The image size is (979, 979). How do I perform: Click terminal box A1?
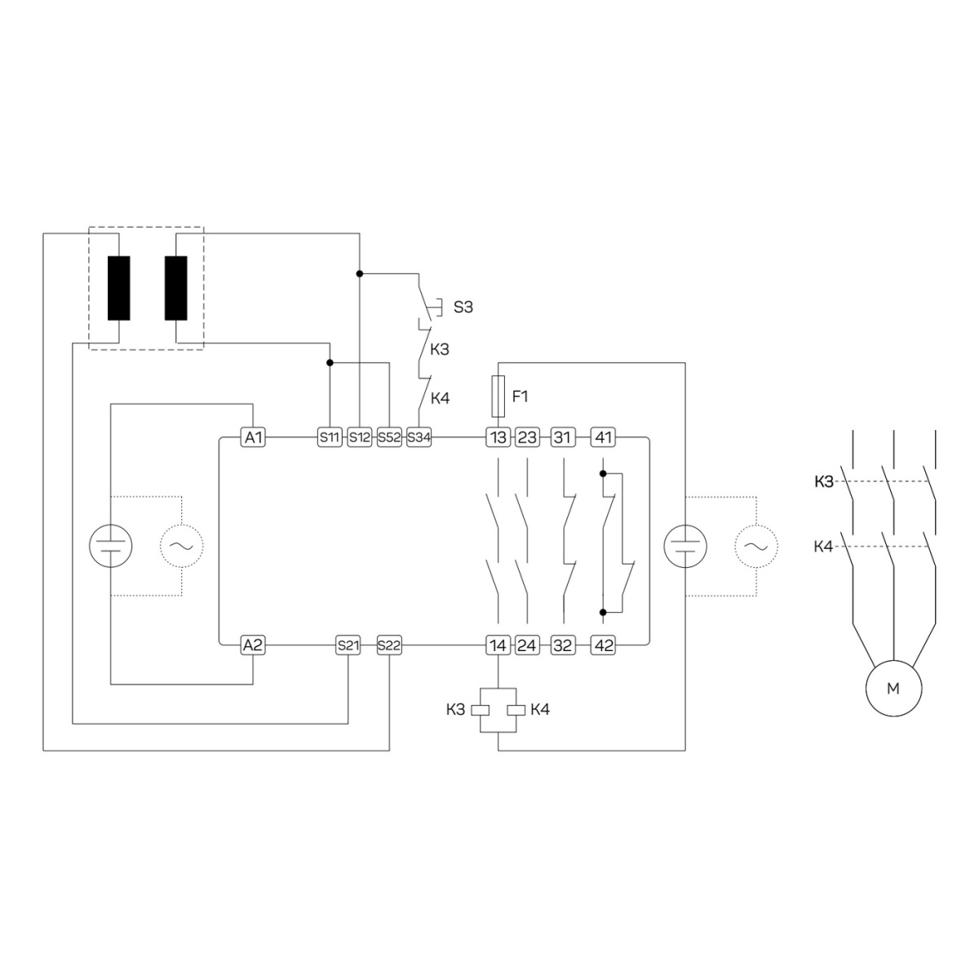[x=253, y=437]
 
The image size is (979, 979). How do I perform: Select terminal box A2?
[x=253, y=645]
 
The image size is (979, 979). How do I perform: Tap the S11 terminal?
[x=330, y=437]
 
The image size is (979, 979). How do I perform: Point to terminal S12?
[x=360, y=437]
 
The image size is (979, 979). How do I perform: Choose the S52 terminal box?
[x=390, y=437]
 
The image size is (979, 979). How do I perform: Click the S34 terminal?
[x=419, y=437]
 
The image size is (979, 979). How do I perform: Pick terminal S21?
[x=348, y=645]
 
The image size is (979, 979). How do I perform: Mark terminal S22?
[x=390, y=645]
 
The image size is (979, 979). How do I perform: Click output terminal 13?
[x=498, y=437]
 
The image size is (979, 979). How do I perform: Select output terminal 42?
[x=603, y=645]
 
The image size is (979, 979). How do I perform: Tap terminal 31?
[x=564, y=437]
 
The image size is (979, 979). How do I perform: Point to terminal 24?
[x=527, y=645]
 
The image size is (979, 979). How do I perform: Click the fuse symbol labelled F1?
[x=498, y=396]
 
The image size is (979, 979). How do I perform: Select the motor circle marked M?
[x=893, y=689]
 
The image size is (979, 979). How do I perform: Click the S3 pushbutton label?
[x=463, y=307]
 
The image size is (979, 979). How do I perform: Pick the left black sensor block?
[x=119, y=288]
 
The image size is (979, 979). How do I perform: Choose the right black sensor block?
[x=175, y=288]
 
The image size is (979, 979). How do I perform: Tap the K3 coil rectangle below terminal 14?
[x=480, y=711]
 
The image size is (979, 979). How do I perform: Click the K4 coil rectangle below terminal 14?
[x=516, y=711]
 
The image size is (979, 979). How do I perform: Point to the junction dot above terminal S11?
[x=330, y=363]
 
